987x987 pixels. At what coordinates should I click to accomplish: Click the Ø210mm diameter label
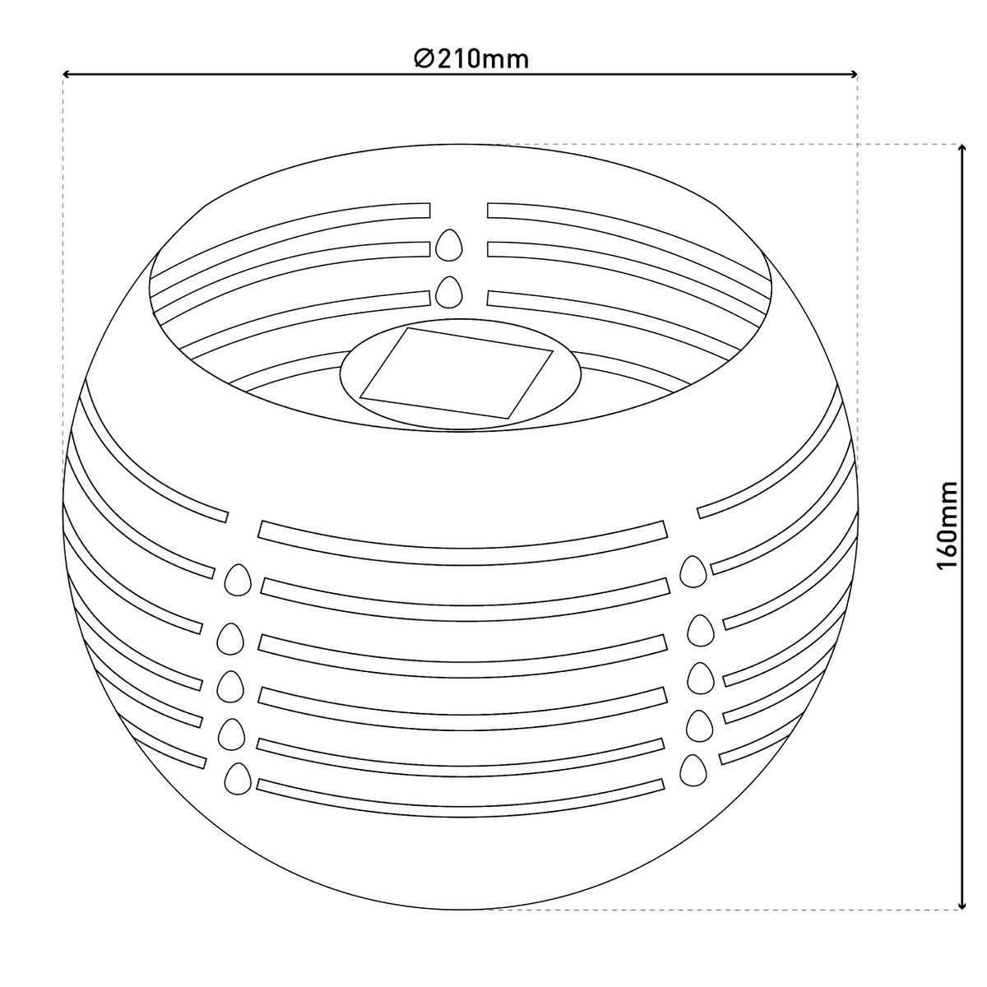tap(470, 59)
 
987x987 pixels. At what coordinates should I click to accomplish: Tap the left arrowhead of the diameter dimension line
tap(67, 75)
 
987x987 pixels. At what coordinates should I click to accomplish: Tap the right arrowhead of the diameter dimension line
tap(854, 75)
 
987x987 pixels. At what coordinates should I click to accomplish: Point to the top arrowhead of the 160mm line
tap(963, 148)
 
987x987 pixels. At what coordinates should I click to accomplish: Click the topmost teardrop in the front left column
tap(239, 579)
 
